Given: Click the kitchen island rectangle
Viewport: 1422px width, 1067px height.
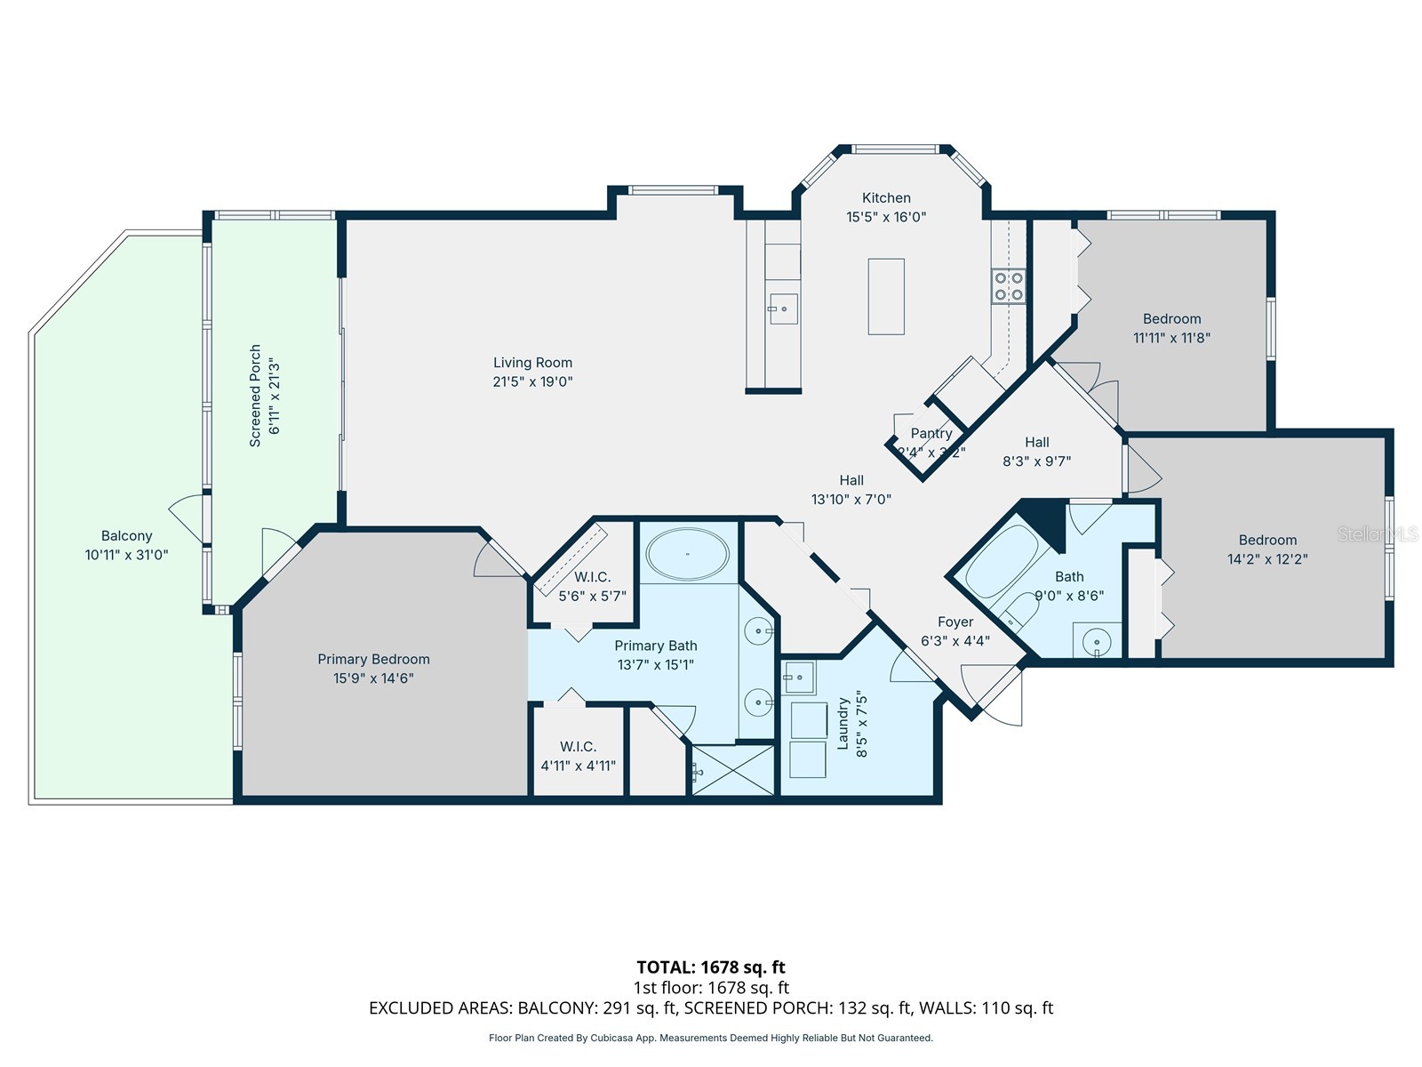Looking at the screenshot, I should [885, 296].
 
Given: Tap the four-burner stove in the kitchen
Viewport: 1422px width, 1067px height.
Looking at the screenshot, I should [1009, 285].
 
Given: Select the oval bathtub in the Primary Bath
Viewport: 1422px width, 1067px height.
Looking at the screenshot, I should [687, 554].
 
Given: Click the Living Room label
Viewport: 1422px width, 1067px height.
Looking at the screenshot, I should [532, 363].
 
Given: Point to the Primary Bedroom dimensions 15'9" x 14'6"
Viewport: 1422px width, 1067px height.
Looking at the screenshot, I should [373, 678].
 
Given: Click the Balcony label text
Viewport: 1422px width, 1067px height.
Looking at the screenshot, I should [126, 535].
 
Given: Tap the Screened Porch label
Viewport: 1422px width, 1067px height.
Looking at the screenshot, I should [255, 395].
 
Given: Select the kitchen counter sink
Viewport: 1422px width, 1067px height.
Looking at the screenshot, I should [783, 309].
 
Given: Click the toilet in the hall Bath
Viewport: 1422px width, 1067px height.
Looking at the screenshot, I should [1019, 613].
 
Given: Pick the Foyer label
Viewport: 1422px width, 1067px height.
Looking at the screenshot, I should [955, 622].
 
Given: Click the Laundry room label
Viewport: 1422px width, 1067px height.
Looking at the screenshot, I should [843, 724].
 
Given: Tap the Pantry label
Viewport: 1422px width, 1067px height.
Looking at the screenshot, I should [931, 433].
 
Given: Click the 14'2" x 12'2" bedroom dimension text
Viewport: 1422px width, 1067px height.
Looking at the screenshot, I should [1267, 559].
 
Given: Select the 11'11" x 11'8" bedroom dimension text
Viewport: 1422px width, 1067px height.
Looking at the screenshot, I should [1171, 338].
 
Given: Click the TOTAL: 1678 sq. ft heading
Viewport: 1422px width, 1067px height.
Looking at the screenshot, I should [711, 967].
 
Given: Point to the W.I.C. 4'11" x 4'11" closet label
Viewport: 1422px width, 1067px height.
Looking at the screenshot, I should [578, 756].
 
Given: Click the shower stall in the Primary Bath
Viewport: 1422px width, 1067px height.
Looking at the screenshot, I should [733, 770].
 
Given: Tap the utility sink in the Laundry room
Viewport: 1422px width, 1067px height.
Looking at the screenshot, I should [799, 678].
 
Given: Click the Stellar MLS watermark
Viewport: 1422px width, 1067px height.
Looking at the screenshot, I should [1377, 533].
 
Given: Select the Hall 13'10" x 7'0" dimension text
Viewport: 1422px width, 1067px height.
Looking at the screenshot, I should [851, 500].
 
